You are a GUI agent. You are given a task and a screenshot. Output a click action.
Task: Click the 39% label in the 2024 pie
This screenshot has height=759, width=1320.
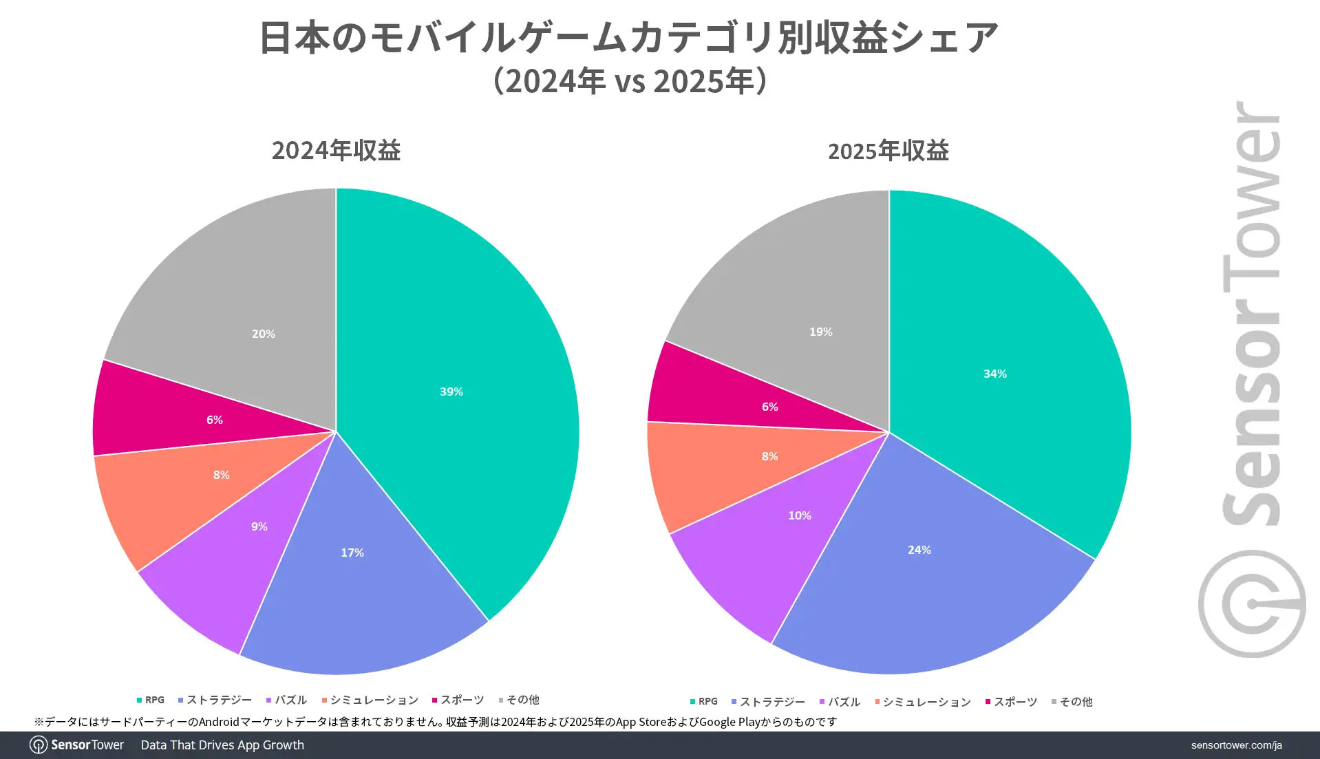tap(451, 392)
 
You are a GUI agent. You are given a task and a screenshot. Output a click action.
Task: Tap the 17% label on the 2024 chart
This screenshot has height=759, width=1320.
tap(352, 553)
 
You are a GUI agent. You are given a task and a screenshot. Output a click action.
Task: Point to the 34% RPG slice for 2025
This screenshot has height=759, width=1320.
tap(995, 374)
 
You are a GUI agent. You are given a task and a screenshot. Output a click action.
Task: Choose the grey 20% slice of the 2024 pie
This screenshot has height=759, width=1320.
tap(263, 334)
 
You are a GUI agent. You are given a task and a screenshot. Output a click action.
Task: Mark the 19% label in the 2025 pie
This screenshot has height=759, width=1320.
tap(820, 332)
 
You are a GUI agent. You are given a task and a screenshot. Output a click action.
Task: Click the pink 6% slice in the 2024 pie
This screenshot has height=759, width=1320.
tap(214, 420)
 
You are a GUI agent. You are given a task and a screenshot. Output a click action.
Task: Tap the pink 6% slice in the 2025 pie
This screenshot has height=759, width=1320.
tap(769, 407)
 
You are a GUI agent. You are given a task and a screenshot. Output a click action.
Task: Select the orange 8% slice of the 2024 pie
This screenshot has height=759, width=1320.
tap(221, 475)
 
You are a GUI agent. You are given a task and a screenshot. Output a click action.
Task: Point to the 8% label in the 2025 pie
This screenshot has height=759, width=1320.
tap(769, 456)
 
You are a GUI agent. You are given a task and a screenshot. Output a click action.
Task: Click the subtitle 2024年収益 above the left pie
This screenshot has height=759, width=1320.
tap(336, 150)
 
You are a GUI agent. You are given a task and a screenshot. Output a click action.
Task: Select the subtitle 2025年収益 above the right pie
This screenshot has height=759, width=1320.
tap(888, 151)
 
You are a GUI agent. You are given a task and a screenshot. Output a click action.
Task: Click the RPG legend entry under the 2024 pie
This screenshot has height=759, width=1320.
tap(151, 700)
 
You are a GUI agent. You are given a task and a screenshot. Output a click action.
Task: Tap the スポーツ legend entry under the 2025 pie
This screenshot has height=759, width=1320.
tap(1011, 702)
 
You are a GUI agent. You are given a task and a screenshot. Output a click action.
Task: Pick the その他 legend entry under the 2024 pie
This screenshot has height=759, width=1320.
tap(519, 700)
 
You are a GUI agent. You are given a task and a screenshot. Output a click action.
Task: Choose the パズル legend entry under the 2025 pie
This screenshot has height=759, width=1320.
tap(840, 702)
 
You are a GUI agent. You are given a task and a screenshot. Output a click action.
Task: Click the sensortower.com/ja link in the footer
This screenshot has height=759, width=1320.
tap(1236, 745)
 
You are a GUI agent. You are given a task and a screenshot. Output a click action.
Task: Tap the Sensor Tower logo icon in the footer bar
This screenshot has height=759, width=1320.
tap(39, 745)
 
